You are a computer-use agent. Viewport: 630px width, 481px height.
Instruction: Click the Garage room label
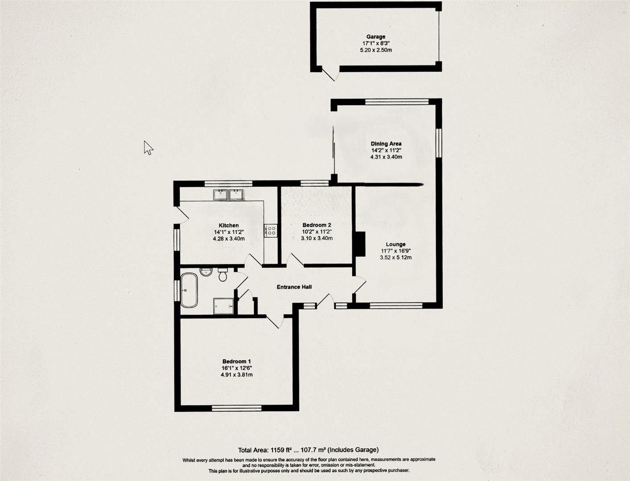coord(375,37)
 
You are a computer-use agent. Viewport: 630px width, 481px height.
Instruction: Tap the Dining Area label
coord(386,143)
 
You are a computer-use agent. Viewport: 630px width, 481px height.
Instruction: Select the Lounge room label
coord(395,244)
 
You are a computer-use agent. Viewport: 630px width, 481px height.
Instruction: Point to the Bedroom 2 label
coord(317,225)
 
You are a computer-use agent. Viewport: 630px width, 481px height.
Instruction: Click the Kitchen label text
coord(228,225)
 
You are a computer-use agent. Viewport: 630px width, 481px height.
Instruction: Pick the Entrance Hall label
coord(294,287)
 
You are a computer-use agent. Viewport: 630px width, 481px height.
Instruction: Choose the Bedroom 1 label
coord(237,361)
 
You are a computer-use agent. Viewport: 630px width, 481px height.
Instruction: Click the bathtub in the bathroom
coord(189,290)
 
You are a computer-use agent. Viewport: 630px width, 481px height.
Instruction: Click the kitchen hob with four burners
coord(271,230)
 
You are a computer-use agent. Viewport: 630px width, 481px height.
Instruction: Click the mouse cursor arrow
coord(148,147)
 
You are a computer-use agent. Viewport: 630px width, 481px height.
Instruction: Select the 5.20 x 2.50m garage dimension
coord(375,50)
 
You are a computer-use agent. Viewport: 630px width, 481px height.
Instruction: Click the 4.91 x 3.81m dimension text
coord(237,375)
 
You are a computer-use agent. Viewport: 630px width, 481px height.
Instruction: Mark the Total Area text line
coord(308,450)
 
